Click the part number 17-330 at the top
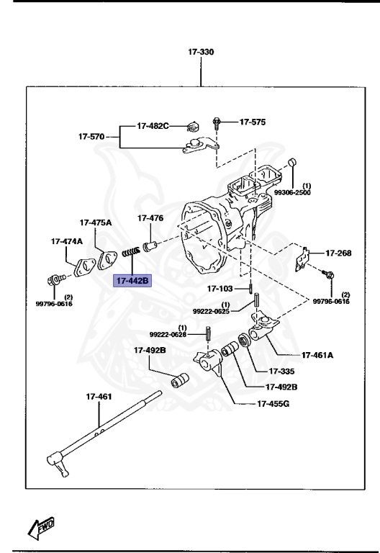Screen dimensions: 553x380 coord(201,53)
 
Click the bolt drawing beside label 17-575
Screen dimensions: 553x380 coord(216,122)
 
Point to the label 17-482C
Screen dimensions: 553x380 coord(153,126)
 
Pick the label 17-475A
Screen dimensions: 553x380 coord(96,222)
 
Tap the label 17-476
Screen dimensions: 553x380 coord(150,218)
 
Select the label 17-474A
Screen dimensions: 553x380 coord(66,241)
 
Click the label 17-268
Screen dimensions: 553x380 coord(338,253)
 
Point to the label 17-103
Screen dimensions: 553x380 coord(221,289)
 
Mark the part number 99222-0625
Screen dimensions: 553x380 coord(210,311)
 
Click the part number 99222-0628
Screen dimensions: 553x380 coord(168,335)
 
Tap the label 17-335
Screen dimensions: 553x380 coord(283,372)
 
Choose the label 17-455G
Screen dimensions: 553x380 coord(273,404)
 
